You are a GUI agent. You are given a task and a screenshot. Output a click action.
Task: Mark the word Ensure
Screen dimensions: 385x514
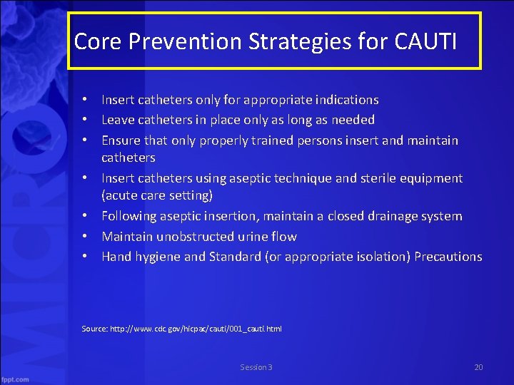click(121, 140)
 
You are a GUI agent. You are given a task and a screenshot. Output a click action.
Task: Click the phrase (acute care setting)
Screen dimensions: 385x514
click(157, 195)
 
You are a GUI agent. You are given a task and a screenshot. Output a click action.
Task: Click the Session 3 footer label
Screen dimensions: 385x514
click(256, 367)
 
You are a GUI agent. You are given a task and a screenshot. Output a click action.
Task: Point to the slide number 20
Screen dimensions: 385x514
click(478, 367)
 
